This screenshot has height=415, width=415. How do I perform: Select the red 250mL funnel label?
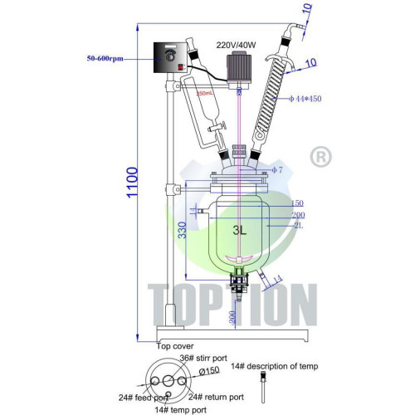(x=206, y=94)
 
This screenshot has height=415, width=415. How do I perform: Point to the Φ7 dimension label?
(x=277, y=170)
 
